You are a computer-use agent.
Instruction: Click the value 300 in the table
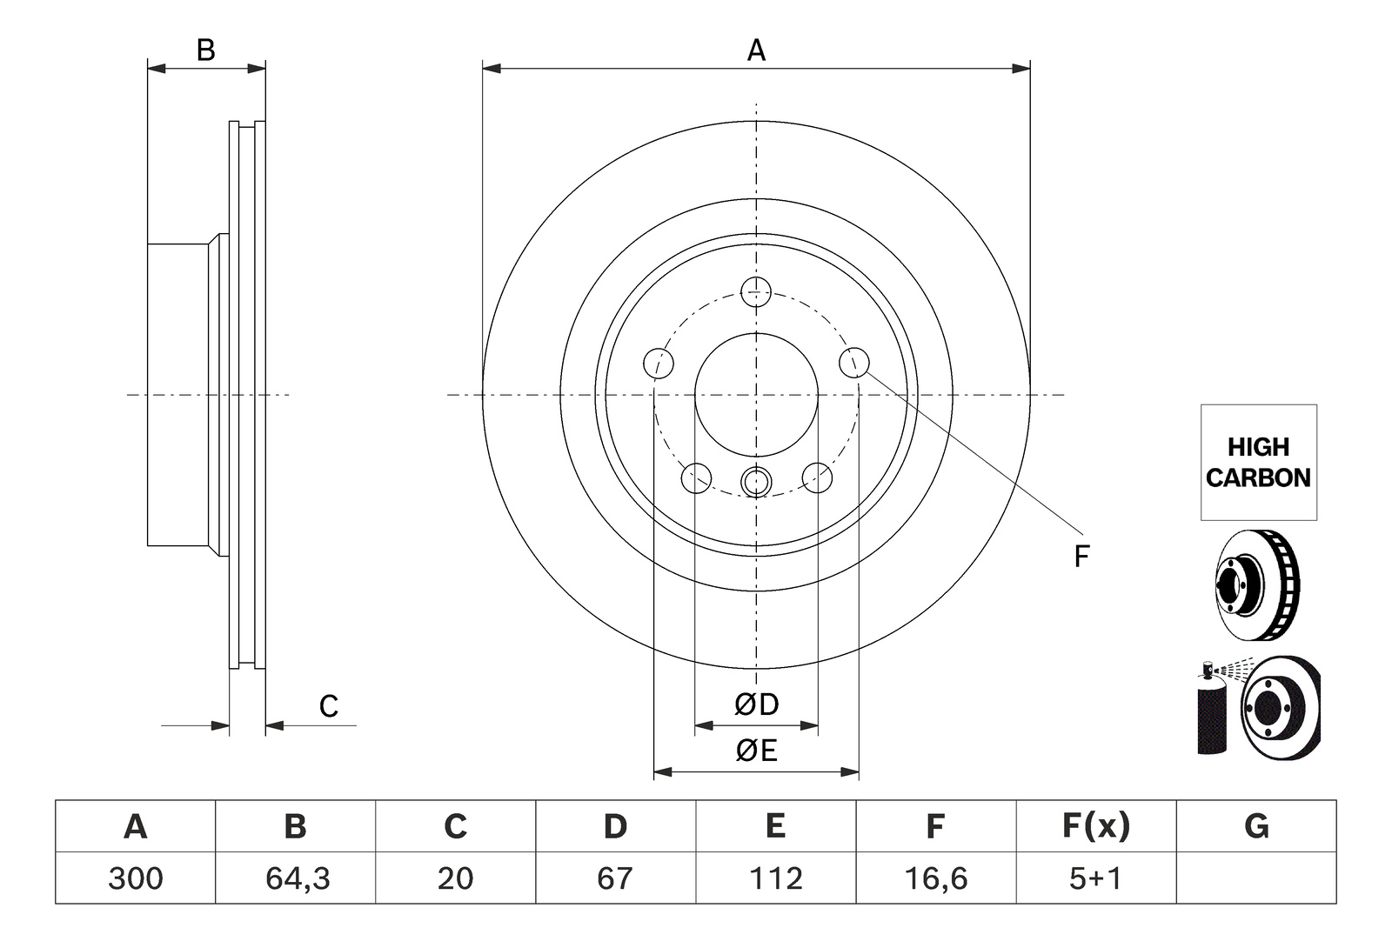[136, 878]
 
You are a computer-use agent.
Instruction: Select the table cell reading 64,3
[297, 878]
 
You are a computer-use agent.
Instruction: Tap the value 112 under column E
[775, 878]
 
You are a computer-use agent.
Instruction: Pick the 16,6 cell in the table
[936, 878]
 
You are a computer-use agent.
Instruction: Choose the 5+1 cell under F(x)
[1095, 878]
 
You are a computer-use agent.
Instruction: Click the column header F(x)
[1095, 826]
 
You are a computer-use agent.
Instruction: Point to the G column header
[1256, 826]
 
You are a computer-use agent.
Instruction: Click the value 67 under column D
[615, 878]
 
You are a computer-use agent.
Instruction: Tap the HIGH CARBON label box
[1258, 462]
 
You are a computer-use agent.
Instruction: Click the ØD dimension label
[756, 704]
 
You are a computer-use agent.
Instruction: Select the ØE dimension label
[756, 751]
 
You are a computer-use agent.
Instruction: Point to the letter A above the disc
[756, 50]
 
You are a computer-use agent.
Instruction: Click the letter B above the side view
[205, 50]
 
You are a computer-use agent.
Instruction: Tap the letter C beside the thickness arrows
[329, 706]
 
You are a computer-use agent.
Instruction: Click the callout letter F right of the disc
[1082, 556]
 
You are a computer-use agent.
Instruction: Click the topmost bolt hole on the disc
[756, 292]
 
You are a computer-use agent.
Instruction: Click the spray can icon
[1213, 709]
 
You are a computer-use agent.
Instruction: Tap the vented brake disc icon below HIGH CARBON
[1257, 585]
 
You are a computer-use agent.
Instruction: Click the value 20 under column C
[456, 878]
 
